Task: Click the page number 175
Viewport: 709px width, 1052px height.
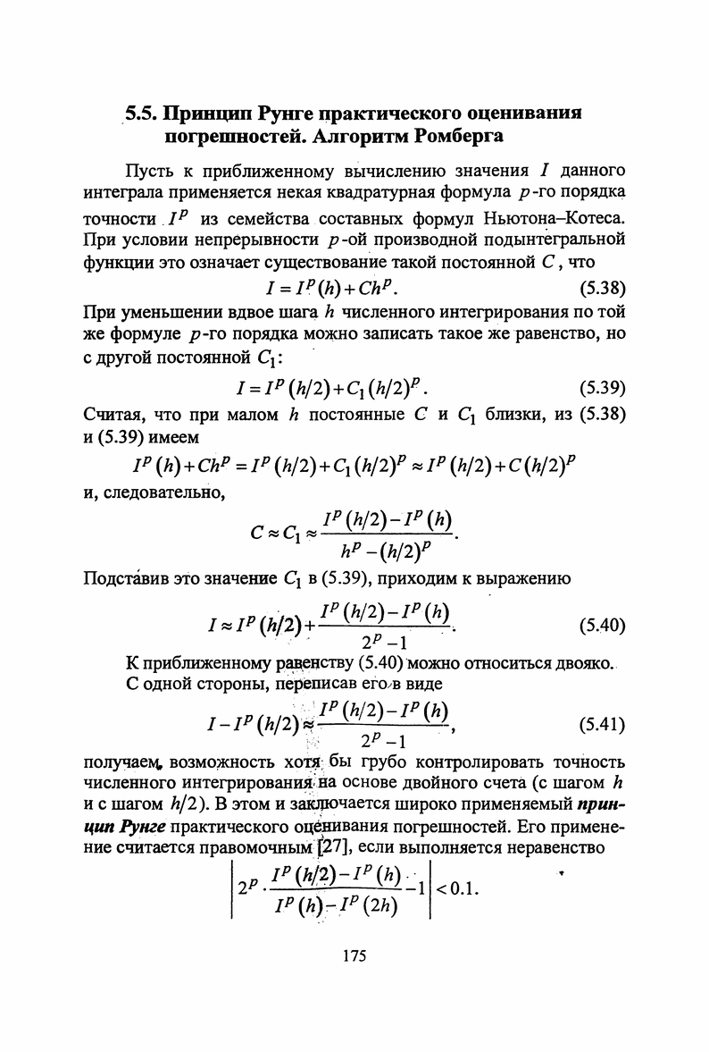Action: pyautogui.click(x=354, y=956)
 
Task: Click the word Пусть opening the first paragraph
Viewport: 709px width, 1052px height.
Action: pyautogui.click(x=151, y=170)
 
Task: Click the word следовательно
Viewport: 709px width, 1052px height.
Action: pyautogui.click(x=170, y=490)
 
